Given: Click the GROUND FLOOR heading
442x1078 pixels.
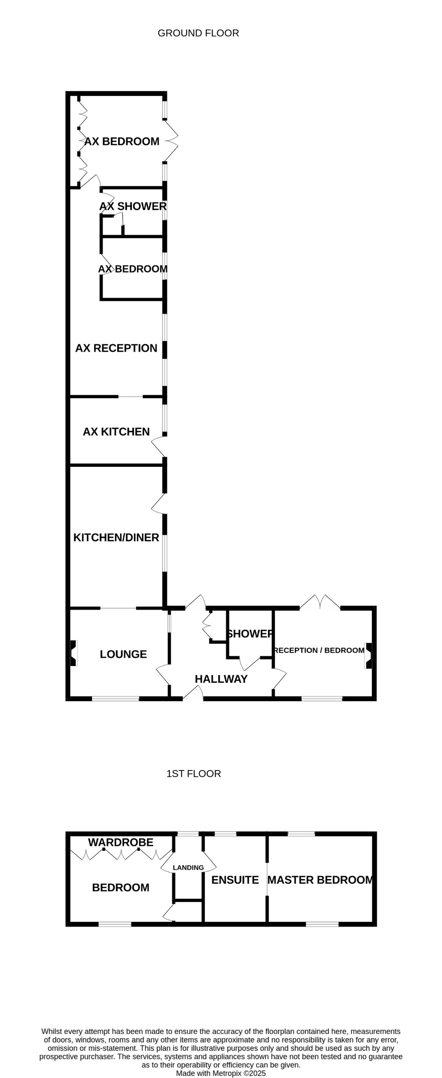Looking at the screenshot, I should pos(198,33).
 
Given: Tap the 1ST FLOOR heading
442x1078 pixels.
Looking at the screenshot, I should pos(193,774).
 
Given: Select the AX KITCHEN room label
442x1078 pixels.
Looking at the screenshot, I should pos(116,432).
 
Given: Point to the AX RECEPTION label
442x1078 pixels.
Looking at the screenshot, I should pos(116,348).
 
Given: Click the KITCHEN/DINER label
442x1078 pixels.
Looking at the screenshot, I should pos(116,537).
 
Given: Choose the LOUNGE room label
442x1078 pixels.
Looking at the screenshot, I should pos(123,654).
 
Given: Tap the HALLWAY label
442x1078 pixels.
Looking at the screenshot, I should pos(221,679).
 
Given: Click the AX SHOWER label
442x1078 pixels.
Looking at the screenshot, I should pos(133,206).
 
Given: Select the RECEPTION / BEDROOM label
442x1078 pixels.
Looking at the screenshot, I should pos(319,650).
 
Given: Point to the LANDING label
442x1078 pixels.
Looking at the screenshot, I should pos(188,868).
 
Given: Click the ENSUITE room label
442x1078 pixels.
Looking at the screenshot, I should pos(235,880).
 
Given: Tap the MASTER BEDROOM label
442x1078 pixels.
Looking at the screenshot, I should pos(320,880).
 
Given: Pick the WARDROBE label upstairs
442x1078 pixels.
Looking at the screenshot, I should pos(121,842).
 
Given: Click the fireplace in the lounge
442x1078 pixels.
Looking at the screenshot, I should pos(74,653).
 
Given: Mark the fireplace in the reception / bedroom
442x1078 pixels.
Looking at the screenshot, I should pos(368,655).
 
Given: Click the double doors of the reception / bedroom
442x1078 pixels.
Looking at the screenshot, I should pos(320,601).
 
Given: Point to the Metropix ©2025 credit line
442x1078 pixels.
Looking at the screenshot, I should pos(221,1073).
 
